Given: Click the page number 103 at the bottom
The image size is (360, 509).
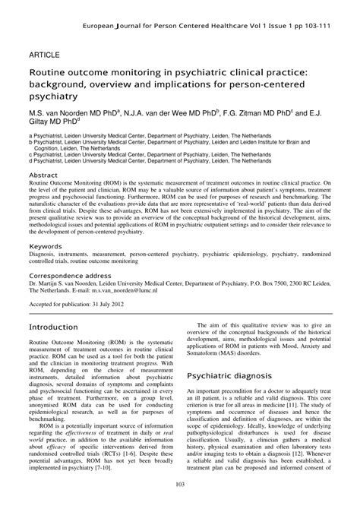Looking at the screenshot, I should pos(180,485).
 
